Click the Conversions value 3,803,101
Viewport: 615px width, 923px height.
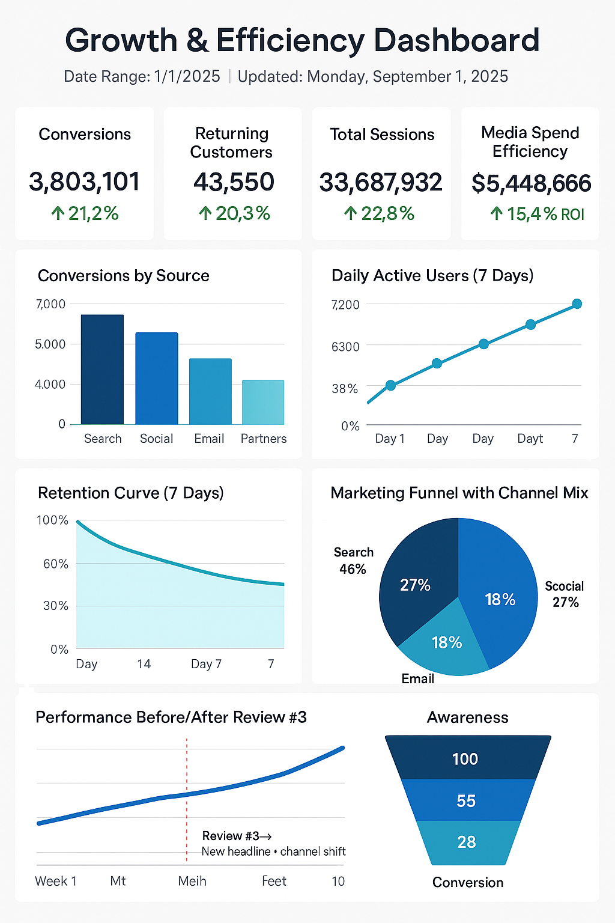click(x=84, y=181)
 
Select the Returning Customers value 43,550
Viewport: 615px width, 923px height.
click(x=233, y=181)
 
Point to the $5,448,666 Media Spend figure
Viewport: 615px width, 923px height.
click(x=531, y=183)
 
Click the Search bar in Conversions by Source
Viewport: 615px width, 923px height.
click(x=102, y=370)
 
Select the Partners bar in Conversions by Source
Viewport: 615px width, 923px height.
click(x=263, y=402)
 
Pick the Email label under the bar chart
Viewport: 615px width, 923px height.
click(x=209, y=439)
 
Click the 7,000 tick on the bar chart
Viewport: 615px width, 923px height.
click(x=50, y=304)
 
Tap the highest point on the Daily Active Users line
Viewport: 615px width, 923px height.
click(x=577, y=304)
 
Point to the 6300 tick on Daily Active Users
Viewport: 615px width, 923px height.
click(x=345, y=347)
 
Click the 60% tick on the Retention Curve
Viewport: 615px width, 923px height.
click(x=55, y=564)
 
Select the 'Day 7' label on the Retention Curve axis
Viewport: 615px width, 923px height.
click(x=206, y=664)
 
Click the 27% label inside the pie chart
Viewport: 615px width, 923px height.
click(x=415, y=585)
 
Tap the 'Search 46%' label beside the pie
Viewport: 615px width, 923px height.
click(x=353, y=561)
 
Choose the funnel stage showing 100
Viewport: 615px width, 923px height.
click(x=465, y=759)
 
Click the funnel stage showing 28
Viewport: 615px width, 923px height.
click(x=466, y=842)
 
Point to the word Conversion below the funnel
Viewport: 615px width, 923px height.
click(x=468, y=882)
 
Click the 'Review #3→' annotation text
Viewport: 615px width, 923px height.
click(x=237, y=836)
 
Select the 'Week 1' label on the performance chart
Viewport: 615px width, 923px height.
click(x=56, y=881)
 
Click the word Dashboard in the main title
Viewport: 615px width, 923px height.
click(x=456, y=41)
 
